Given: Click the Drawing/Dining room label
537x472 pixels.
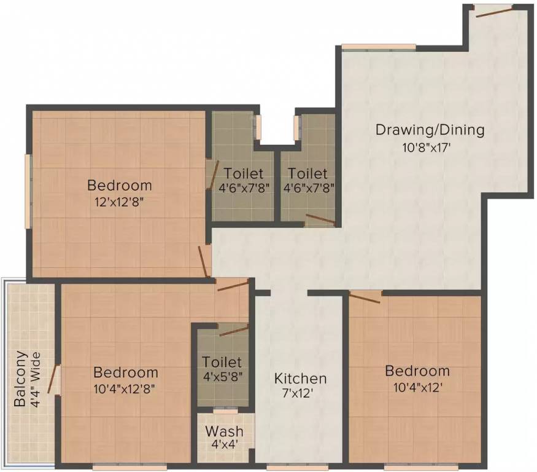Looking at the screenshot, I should click(430, 130).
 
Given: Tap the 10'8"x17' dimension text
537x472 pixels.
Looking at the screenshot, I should click(430, 147).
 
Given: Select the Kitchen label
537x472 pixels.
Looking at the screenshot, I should click(300, 379).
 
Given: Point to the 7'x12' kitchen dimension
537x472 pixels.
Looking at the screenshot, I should click(300, 395).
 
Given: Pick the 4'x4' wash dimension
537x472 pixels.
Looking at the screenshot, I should click(224, 445).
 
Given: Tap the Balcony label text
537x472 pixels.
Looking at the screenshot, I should click(21, 379).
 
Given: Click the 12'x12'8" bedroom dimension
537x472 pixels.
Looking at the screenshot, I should click(119, 200).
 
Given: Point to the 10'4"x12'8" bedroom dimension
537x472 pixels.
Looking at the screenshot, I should click(125, 388).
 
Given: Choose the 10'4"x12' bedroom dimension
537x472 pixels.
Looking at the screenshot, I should click(417, 388).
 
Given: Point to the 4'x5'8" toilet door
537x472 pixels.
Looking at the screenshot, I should click(233, 331).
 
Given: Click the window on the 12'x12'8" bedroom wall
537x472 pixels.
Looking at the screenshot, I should click(28, 191).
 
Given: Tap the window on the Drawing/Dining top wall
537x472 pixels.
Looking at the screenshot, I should click(379, 47).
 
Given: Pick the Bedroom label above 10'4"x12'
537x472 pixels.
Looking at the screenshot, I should click(417, 371).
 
